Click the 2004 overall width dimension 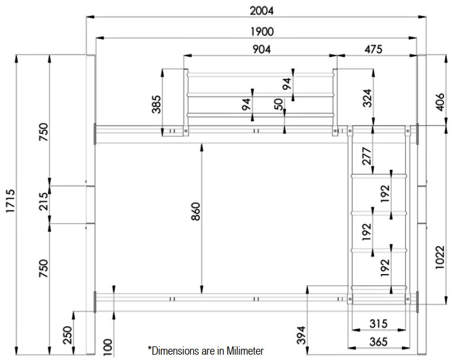tap(258, 10)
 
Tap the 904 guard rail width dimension tap(258, 50)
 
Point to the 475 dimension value tap(373, 50)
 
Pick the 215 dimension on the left tap(43, 204)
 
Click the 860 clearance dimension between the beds tap(196, 219)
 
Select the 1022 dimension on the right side tap(439, 258)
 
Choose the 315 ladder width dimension tap(378, 324)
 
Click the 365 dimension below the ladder tap(378, 342)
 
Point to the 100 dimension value tap(107, 345)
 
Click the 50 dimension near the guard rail tap(279, 104)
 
